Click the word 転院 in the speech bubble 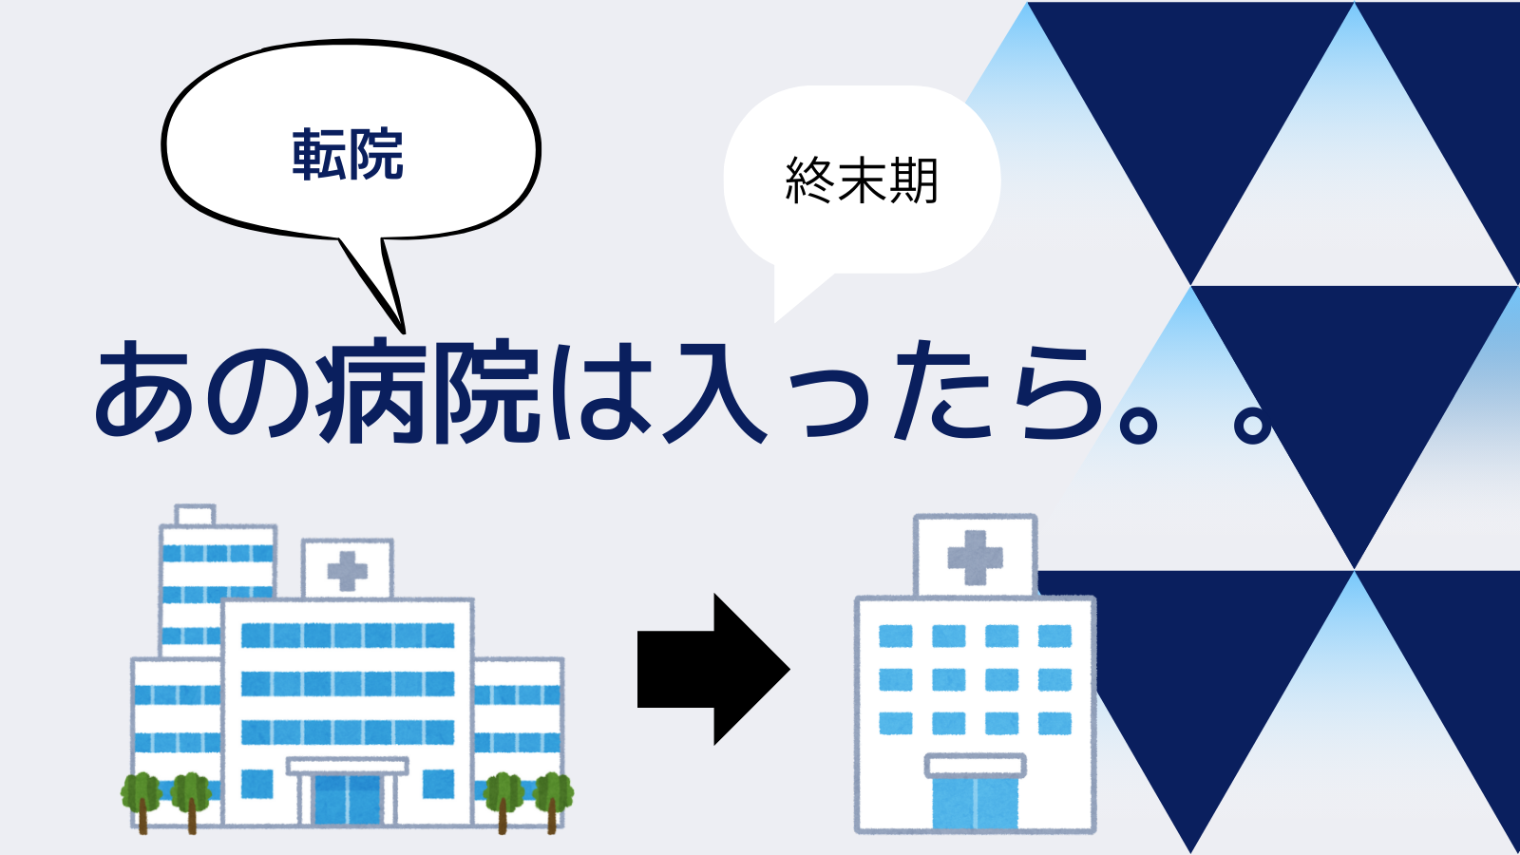[x=348, y=155]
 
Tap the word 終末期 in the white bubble [x=862, y=180]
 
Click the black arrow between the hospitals [x=713, y=669]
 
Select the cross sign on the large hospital [x=348, y=571]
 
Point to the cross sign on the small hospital [x=975, y=558]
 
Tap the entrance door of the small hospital [x=975, y=804]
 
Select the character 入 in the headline [x=713, y=392]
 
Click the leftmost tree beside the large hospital [x=142, y=802]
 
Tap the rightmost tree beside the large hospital [x=553, y=802]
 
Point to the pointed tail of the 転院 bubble [x=403, y=332]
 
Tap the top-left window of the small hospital [x=896, y=636]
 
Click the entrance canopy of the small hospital [x=975, y=766]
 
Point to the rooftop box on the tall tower [x=196, y=515]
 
